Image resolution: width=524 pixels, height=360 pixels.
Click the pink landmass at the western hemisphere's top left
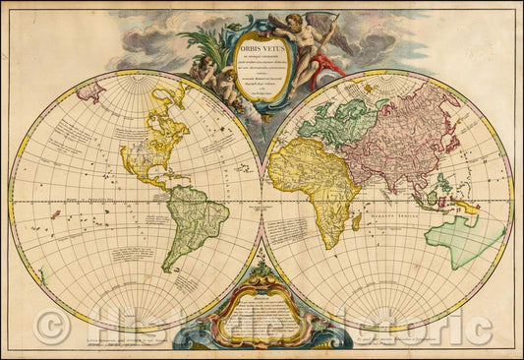tap(92, 94)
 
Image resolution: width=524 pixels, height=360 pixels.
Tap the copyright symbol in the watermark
tap(47, 330)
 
